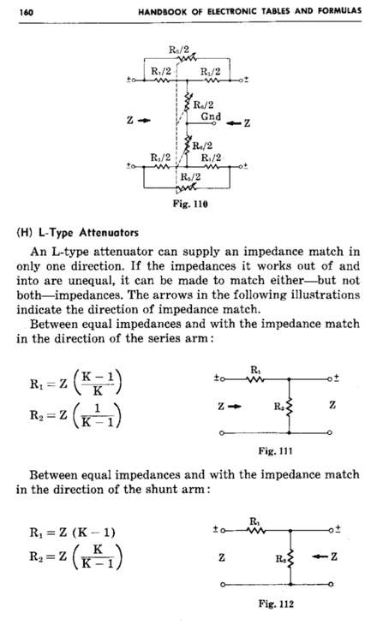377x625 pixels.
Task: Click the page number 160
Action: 26,12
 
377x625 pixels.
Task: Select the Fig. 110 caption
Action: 190,204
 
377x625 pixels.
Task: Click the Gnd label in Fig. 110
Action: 211,116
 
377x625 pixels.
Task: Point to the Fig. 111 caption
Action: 275,451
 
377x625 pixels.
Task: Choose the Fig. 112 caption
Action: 276,604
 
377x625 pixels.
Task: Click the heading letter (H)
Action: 24,232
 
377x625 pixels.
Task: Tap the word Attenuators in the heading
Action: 109,232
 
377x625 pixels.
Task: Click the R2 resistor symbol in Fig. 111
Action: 290,407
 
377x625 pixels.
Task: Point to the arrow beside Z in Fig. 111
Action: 236,406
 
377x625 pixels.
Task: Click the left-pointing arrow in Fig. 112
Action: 319,557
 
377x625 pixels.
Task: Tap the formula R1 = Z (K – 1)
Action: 72,533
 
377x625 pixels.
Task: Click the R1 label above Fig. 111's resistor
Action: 255,370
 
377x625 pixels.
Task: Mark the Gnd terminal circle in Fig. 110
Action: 214,123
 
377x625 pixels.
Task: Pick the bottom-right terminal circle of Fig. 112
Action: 331,585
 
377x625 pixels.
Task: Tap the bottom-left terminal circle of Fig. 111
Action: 222,433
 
